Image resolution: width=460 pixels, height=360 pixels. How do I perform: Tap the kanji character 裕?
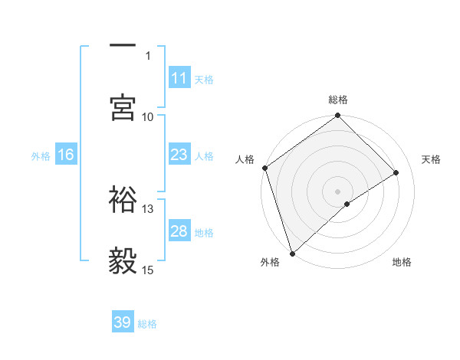(x=123, y=199)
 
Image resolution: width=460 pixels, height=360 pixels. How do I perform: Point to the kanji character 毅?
(x=123, y=262)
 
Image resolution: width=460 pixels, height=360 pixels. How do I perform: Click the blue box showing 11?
(x=179, y=78)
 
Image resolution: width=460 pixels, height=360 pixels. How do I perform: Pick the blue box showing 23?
(x=179, y=155)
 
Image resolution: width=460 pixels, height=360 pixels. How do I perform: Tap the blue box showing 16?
(x=66, y=155)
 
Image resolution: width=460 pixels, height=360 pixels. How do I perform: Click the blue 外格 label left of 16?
(x=41, y=155)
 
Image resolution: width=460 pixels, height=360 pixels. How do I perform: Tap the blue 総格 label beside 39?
(x=147, y=324)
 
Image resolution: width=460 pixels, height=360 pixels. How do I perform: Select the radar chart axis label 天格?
(x=431, y=159)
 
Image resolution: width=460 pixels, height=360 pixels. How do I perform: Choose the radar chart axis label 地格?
(x=402, y=262)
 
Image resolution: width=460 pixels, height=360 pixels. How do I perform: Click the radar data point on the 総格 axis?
(x=337, y=116)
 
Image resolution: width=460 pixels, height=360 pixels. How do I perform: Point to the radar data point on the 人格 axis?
(x=264, y=168)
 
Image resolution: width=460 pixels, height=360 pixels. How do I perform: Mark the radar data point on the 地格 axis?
(x=347, y=204)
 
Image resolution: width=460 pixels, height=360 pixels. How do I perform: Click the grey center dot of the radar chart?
(x=337, y=191)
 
